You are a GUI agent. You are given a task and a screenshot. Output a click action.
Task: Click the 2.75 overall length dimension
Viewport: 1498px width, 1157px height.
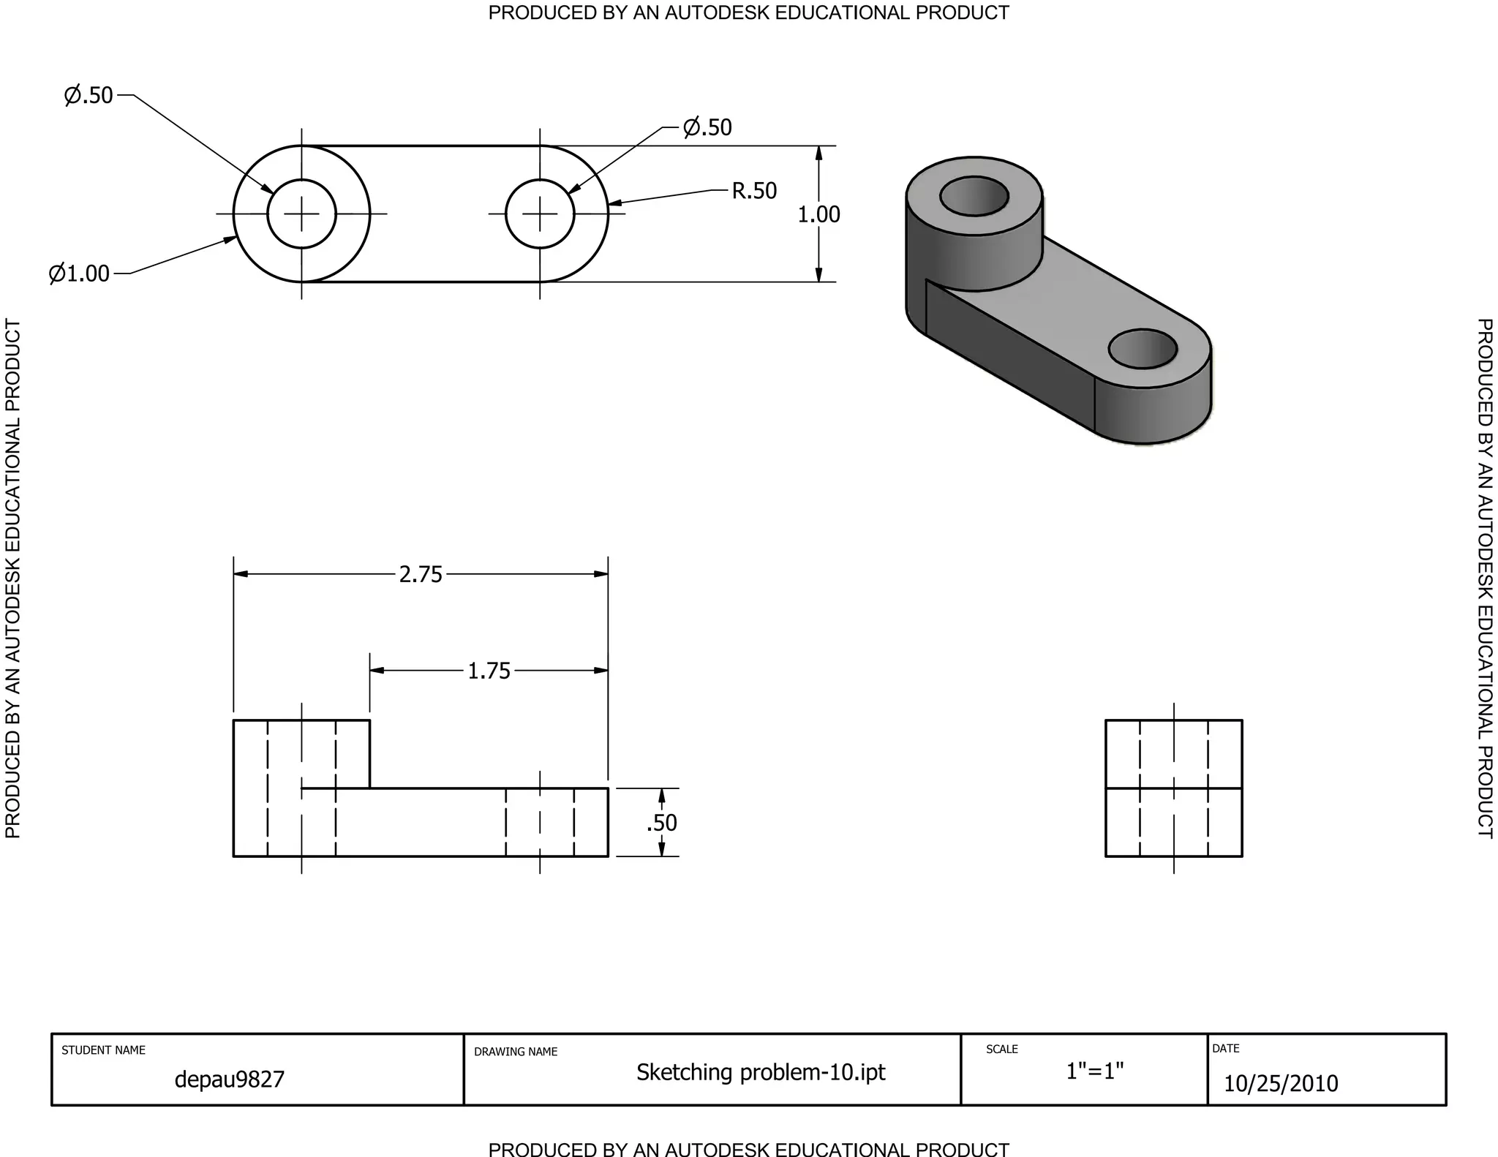[x=421, y=575]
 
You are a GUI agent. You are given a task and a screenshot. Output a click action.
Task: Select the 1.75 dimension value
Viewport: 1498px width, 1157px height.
[x=489, y=671]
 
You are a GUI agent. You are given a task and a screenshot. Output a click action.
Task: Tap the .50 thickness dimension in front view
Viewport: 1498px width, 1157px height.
[x=662, y=823]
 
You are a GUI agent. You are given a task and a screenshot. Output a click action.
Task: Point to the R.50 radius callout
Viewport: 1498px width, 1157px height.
[x=754, y=191]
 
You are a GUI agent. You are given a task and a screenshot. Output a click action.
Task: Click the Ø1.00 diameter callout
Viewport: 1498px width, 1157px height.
[x=79, y=274]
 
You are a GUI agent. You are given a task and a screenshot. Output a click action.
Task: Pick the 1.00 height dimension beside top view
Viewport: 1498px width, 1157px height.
[x=818, y=214]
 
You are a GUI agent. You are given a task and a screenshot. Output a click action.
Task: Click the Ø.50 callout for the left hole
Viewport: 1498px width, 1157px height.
[x=89, y=95]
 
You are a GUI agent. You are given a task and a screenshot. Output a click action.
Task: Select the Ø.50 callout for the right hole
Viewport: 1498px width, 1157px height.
[x=707, y=127]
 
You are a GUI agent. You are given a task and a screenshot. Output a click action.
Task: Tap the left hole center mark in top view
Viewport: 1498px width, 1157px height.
[x=301, y=214]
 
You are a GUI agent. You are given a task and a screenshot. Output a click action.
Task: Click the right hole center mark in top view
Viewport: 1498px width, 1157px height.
[x=540, y=214]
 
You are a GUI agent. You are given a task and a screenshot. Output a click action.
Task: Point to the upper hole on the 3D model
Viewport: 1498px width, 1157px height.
[x=974, y=196]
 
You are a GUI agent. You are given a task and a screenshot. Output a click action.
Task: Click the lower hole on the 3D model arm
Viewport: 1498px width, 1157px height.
[x=1143, y=349]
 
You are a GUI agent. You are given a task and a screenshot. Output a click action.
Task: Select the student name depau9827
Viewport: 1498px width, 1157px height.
[x=229, y=1079]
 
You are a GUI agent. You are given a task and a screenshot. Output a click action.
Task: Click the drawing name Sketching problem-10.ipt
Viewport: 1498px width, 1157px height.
[x=760, y=1072]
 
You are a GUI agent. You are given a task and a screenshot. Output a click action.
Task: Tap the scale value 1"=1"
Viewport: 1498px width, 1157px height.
[x=1094, y=1071]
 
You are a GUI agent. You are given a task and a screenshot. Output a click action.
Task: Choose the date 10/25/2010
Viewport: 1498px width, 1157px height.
[x=1281, y=1083]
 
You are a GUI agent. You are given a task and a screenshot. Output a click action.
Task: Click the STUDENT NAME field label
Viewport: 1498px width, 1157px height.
[x=103, y=1050]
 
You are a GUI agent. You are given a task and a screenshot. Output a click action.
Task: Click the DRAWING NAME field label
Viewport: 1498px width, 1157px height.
[x=516, y=1052]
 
